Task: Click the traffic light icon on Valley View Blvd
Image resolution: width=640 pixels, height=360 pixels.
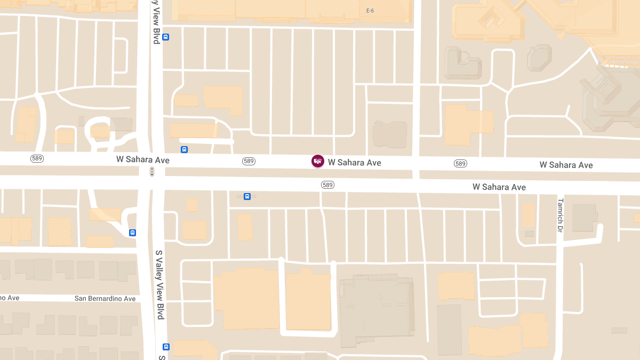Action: point(152,172)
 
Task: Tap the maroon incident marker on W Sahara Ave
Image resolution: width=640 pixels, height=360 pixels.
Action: point(318,161)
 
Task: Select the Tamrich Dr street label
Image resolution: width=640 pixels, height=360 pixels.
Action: point(560,215)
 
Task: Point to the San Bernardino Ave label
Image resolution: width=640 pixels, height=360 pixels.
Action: point(105,299)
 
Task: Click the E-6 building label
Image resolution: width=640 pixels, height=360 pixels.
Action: point(371,11)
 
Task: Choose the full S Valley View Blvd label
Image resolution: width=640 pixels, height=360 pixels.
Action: point(159,285)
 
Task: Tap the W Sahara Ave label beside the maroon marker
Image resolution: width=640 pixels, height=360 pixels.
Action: point(354,162)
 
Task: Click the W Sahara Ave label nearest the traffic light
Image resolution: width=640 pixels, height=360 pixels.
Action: point(143,160)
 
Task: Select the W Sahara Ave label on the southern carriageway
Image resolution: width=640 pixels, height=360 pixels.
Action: point(499,187)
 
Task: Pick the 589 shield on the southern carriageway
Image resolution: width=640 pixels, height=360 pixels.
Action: point(327,185)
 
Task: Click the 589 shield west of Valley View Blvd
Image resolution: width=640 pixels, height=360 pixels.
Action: point(37,159)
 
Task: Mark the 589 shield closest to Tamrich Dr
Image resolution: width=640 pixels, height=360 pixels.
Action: point(461,164)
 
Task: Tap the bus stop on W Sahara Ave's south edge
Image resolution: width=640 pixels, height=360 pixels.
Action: point(247,197)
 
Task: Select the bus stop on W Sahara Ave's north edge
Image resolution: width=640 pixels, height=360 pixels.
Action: point(184,150)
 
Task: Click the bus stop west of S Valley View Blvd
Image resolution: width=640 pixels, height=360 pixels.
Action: point(132,233)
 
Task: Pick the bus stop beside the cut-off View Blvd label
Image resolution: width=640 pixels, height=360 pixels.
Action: point(166,37)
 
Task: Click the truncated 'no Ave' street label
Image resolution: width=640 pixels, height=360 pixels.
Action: point(10,298)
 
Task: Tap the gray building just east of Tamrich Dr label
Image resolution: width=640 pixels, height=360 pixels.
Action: point(585,218)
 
